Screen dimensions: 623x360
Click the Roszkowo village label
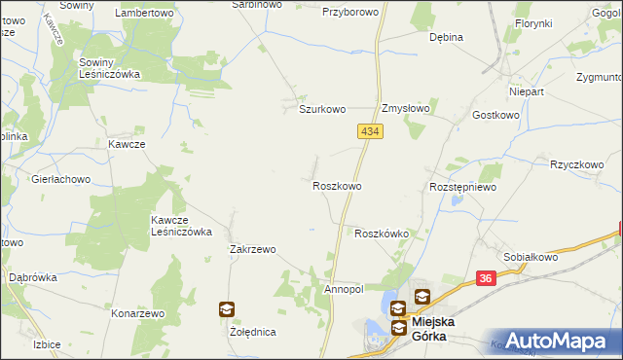pos(338,185)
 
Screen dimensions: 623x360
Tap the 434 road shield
pos(368,130)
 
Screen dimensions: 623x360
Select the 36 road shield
pos(488,279)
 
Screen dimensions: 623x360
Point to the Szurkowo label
pos(322,109)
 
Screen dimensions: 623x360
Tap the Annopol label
pos(343,289)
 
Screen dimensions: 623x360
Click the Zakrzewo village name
pos(253,249)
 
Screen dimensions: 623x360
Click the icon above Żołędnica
pos(226,310)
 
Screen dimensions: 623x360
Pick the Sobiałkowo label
pos(531,257)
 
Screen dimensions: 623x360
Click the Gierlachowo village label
pos(60,179)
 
